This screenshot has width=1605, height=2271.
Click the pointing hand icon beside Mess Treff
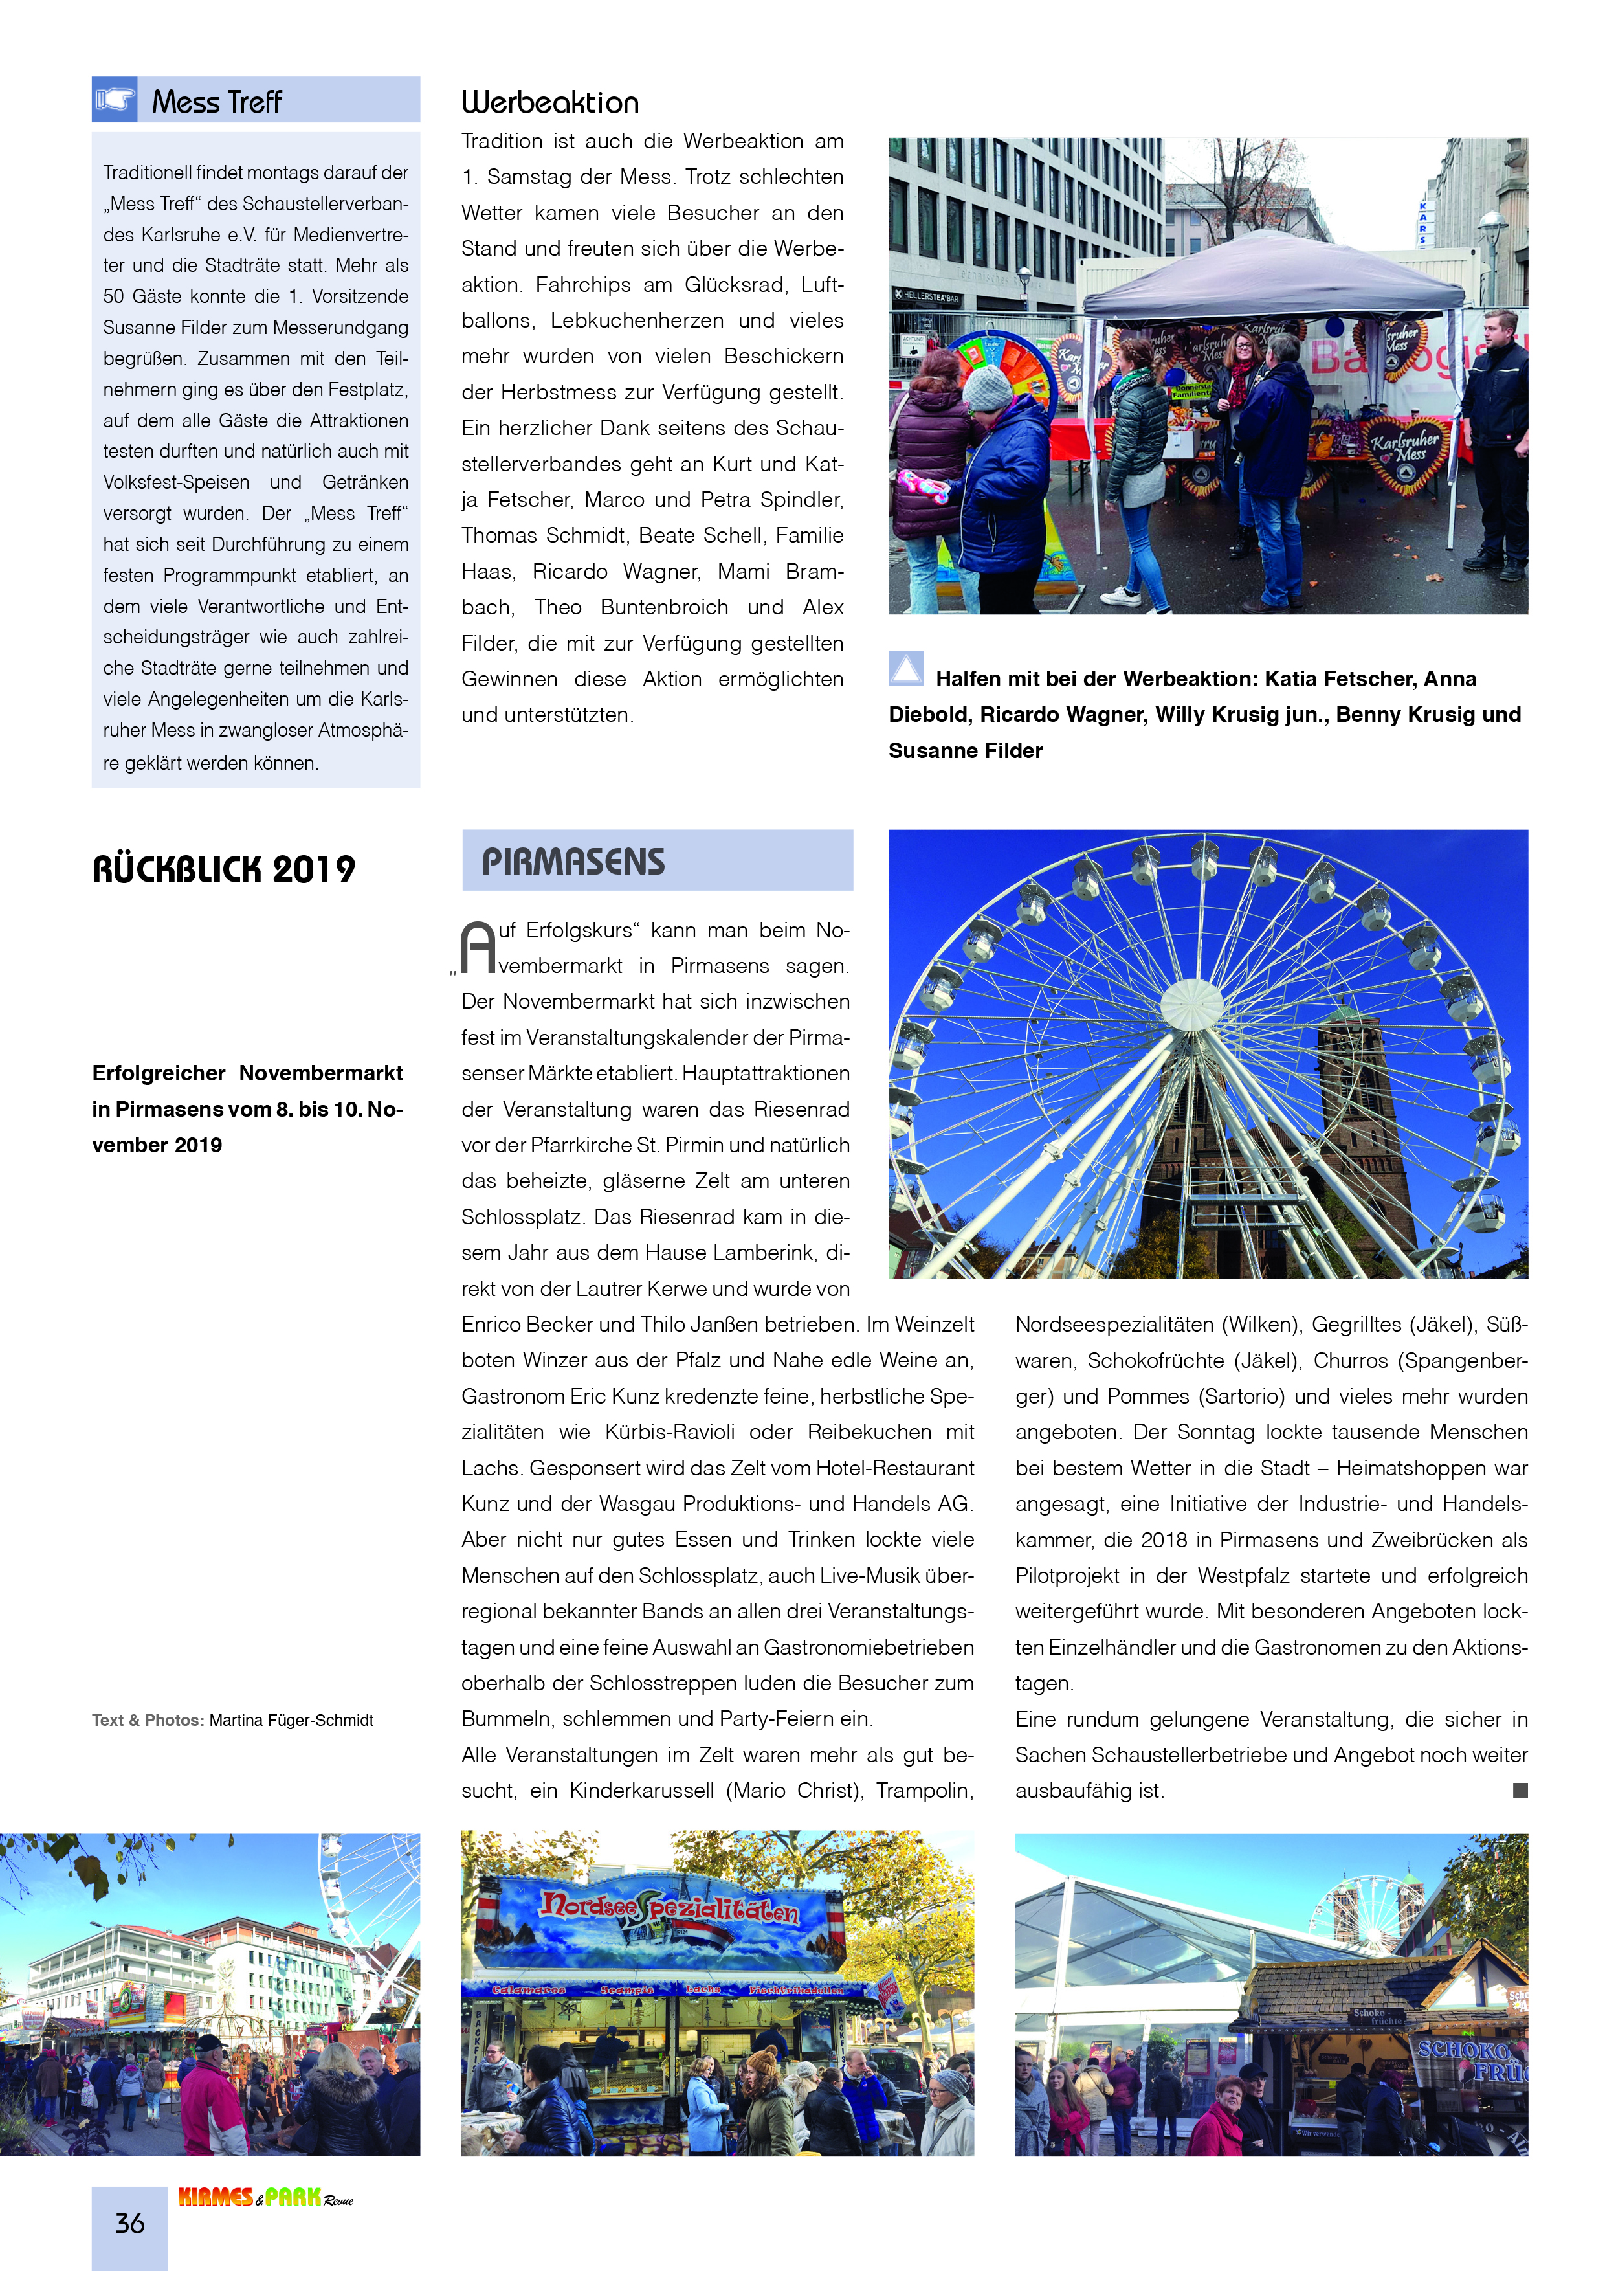pos(115,100)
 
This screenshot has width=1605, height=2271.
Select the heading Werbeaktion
pos(550,103)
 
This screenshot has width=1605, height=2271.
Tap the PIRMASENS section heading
pos(573,862)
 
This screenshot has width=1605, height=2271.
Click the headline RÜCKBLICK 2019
pos(223,869)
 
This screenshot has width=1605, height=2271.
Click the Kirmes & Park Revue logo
pos(265,2197)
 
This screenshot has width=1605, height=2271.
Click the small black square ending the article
pos(1520,1790)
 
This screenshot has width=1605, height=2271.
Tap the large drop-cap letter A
pos(479,948)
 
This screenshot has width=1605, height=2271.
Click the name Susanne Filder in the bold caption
pos(965,751)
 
